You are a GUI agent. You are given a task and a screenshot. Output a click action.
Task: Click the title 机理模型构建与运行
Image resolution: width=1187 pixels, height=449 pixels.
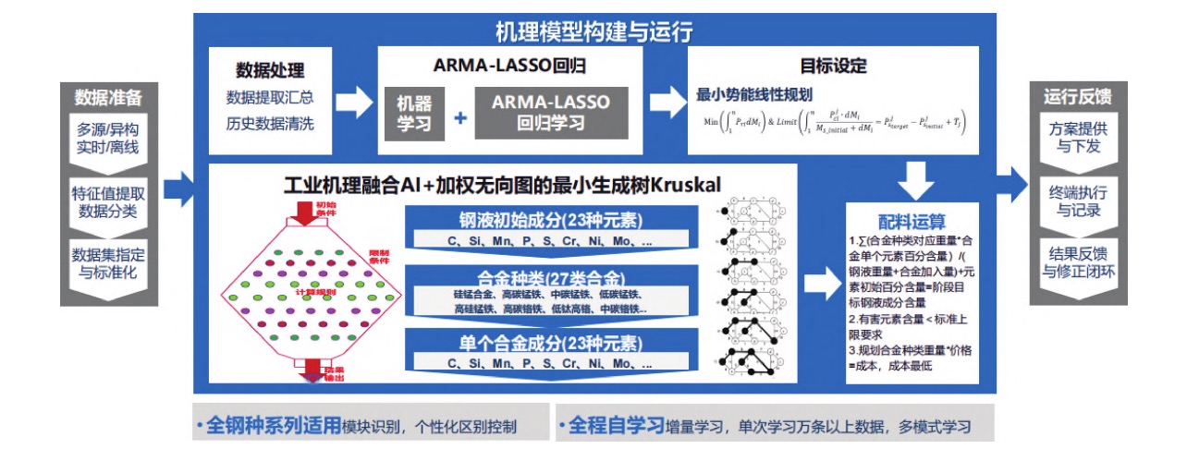point(593,30)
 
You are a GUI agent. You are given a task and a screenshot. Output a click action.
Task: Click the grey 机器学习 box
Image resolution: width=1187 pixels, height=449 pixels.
point(414,113)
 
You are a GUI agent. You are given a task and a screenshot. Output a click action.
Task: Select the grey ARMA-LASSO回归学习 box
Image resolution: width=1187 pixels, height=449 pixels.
point(551,113)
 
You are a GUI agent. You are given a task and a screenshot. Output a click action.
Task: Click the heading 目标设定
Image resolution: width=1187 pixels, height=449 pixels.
point(833,67)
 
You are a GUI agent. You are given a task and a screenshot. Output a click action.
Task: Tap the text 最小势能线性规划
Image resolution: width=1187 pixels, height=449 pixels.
point(753,94)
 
